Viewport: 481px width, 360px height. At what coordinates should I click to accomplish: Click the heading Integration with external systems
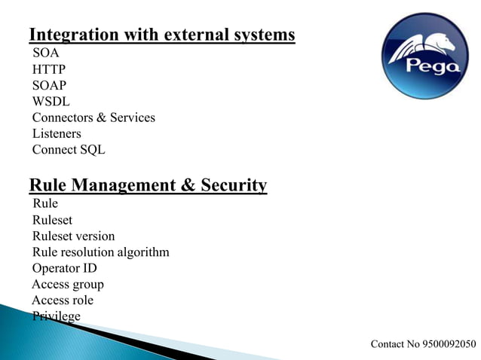click(x=161, y=35)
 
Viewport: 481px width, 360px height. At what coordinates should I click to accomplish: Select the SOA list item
click(x=45, y=53)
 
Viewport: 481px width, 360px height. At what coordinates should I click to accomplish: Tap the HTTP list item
click(x=48, y=70)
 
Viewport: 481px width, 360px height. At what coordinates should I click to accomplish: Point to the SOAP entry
click(x=49, y=86)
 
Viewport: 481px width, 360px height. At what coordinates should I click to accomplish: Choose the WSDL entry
click(x=51, y=102)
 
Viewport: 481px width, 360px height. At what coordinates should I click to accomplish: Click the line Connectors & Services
click(x=93, y=117)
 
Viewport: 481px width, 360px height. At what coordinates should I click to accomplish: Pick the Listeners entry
click(x=57, y=133)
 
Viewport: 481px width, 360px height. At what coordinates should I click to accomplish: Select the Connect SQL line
click(x=69, y=149)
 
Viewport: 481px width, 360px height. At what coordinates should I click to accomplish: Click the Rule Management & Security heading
click(x=148, y=185)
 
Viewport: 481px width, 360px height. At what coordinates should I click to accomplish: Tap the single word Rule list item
click(x=45, y=203)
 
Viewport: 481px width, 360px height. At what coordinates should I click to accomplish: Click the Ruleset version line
click(x=73, y=236)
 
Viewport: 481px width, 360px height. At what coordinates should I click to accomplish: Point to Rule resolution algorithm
click(x=100, y=252)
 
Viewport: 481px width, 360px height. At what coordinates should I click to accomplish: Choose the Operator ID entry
click(x=64, y=268)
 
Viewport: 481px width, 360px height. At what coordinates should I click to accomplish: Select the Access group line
click(x=68, y=285)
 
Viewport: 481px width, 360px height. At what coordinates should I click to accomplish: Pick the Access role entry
click(x=63, y=301)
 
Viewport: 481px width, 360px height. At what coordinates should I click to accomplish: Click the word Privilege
click(x=56, y=316)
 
